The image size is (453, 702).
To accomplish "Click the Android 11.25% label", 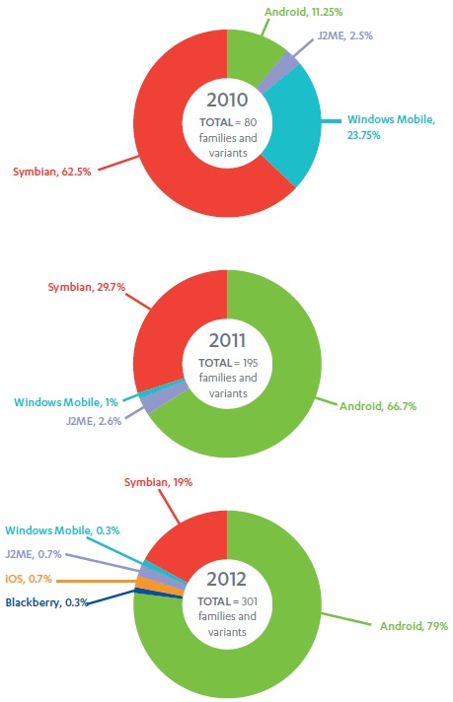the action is pyautogui.click(x=303, y=12).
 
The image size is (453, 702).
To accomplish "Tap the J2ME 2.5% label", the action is pyautogui.click(x=345, y=35).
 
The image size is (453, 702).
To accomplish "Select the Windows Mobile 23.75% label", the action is pyautogui.click(x=391, y=127).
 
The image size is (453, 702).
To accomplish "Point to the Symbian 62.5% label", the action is pyautogui.click(x=52, y=172).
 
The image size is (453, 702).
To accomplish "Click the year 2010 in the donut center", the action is pyautogui.click(x=227, y=100).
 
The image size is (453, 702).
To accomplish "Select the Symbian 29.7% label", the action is pyautogui.click(x=87, y=287).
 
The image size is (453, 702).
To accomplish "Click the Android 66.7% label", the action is pyautogui.click(x=378, y=406).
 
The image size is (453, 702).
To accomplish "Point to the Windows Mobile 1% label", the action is pyautogui.click(x=66, y=402).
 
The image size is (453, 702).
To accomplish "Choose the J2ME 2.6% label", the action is pyautogui.click(x=94, y=421).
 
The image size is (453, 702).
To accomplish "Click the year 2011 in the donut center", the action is pyautogui.click(x=227, y=341).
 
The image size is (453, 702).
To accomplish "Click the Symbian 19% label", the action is pyautogui.click(x=158, y=482).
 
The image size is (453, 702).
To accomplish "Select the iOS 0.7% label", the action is pyautogui.click(x=29, y=579).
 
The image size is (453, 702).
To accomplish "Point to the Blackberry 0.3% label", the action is pyautogui.click(x=46, y=602).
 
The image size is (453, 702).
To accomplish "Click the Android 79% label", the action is pyautogui.click(x=415, y=626).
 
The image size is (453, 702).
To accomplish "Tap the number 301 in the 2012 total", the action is pyautogui.click(x=250, y=601).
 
